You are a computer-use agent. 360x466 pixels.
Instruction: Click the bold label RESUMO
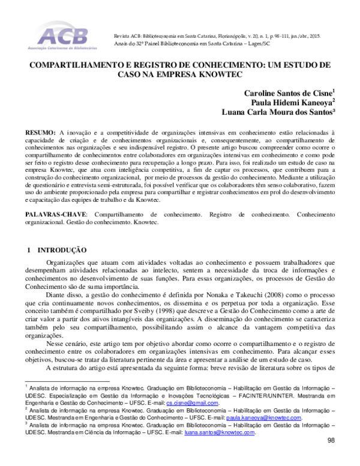40,132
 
